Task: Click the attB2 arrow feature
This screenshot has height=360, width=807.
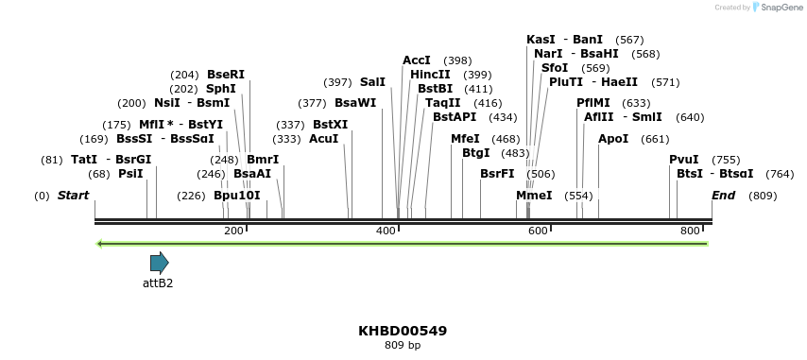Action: point(159,263)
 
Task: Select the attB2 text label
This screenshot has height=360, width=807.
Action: point(158,283)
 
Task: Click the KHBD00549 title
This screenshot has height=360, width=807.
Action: point(403,331)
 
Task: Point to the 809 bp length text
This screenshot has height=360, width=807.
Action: point(403,346)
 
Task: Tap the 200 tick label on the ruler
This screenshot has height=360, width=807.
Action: point(233,231)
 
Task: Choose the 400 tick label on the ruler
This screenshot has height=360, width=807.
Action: point(386,231)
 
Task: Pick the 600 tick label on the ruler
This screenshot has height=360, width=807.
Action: point(538,231)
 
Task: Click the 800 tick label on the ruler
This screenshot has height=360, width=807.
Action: point(690,231)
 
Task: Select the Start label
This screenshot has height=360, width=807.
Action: point(73,196)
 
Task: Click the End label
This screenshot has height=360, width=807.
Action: point(723,196)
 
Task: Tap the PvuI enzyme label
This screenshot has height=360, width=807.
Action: point(684,160)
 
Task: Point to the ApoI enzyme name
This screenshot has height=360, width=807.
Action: point(613,139)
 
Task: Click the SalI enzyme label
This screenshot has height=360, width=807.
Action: point(372,82)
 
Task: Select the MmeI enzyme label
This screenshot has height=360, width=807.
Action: point(534,196)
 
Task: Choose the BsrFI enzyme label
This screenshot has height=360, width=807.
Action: point(497,174)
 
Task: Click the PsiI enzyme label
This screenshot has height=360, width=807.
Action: point(130,174)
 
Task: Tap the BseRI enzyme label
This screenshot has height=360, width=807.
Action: point(226,75)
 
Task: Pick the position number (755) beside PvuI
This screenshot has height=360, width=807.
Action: point(726,160)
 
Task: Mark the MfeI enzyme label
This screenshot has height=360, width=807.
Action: point(465,139)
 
